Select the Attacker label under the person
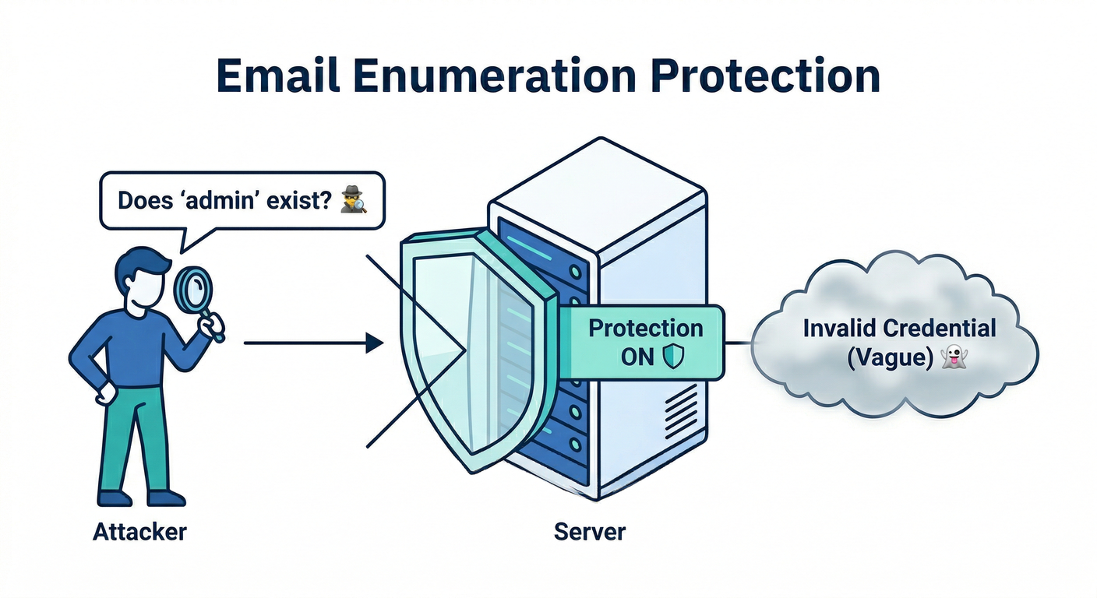click(x=139, y=532)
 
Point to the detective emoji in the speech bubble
click(x=354, y=202)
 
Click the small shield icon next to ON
click(x=672, y=357)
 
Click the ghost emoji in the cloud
click(x=953, y=358)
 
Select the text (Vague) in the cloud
click(x=889, y=358)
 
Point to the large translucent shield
click(x=467, y=350)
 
